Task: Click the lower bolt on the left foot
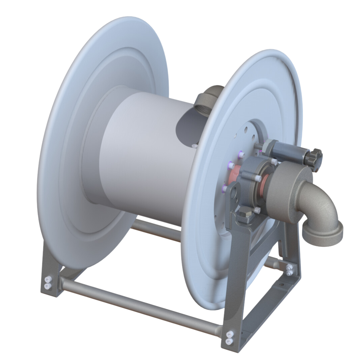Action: coord(47,286)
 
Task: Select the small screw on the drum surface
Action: coord(195,146)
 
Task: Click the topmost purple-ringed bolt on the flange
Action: coord(239,153)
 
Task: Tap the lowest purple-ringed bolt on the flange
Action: coord(224,189)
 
